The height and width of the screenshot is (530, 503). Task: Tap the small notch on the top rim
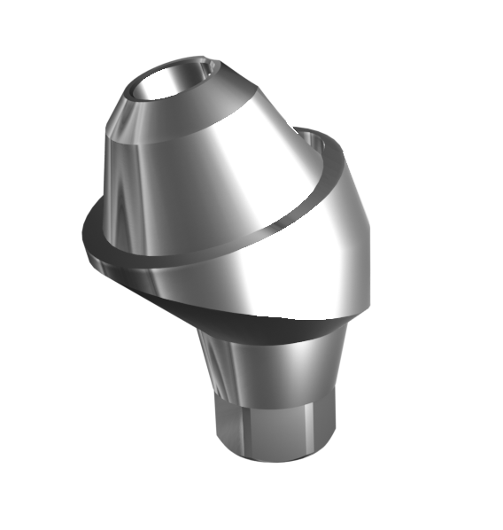point(211,64)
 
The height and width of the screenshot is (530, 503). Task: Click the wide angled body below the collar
point(266,266)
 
